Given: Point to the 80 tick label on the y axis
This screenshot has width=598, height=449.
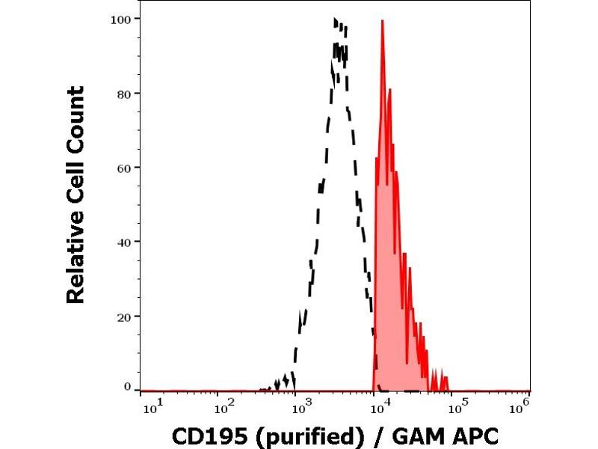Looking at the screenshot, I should click(126, 93).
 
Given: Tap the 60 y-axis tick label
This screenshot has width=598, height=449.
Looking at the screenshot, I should click(126, 167).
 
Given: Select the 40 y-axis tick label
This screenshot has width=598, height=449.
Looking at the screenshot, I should click(126, 242).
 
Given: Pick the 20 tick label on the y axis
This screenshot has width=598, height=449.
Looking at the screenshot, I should click(126, 316).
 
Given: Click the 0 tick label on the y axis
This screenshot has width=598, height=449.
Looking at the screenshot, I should click(129, 386).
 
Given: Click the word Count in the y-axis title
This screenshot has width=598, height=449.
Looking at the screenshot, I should click(75, 120).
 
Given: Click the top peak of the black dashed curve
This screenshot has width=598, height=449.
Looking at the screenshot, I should click(336, 19).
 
